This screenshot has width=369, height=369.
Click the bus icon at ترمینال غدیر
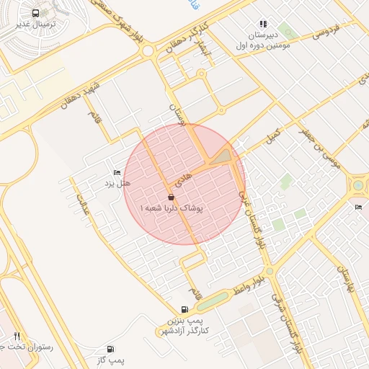pos(36,14)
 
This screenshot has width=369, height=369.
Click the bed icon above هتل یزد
pos(117,173)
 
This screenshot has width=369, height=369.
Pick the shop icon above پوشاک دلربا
pos(171,197)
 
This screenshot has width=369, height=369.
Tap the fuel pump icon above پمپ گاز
pos(110,349)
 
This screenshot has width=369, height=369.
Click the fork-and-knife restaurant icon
pos(16,336)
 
